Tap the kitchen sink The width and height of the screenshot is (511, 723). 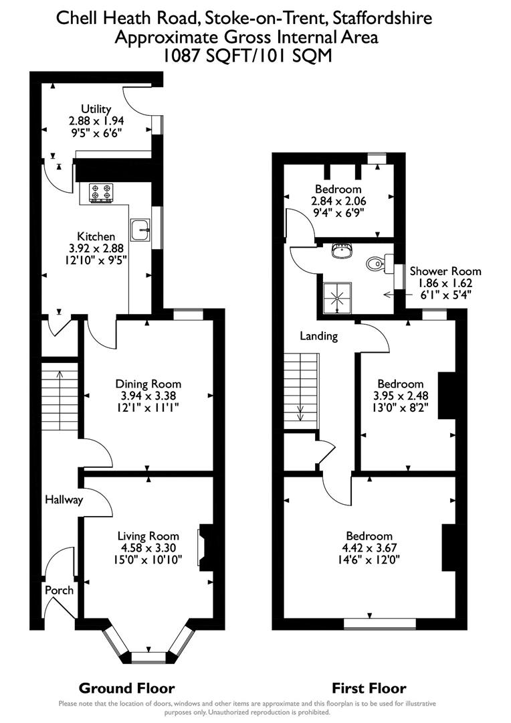click(x=141, y=229)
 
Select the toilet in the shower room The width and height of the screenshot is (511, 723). click(x=376, y=264)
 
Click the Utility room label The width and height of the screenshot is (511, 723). click(x=96, y=109)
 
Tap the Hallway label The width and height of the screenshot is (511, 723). click(x=64, y=499)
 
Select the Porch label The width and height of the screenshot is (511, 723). click(x=59, y=590)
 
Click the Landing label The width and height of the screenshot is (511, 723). click(x=318, y=336)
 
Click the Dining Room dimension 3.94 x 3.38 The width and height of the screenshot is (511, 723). click(x=148, y=396)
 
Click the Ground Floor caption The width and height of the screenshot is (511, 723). click(x=127, y=688)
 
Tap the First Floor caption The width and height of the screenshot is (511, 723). click(x=369, y=688)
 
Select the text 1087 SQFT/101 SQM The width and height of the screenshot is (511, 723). click(x=247, y=56)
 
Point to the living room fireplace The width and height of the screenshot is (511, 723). click(x=205, y=547)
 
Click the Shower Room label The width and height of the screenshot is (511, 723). click(x=445, y=271)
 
